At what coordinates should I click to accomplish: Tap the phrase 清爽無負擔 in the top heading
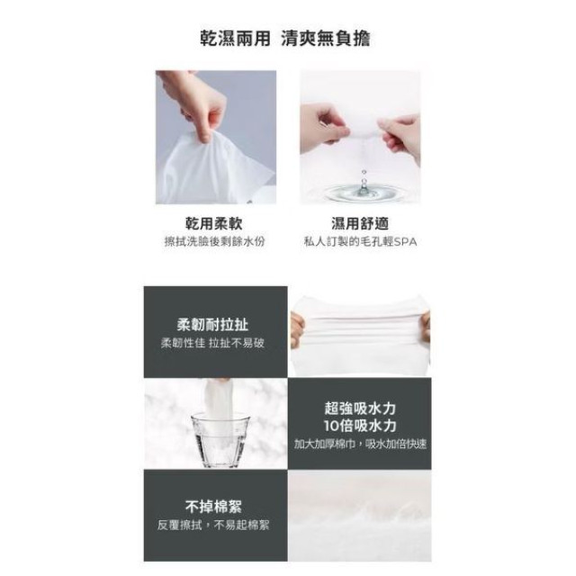[328, 40]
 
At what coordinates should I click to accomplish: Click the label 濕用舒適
[359, 223]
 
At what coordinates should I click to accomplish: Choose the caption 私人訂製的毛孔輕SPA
[360, 242]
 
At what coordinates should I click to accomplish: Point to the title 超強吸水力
[360, 406]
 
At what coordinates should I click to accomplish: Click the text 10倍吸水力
[360, 425]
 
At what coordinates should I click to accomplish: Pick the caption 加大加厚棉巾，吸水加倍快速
[360, 444]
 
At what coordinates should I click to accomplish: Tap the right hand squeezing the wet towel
[400, 133]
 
